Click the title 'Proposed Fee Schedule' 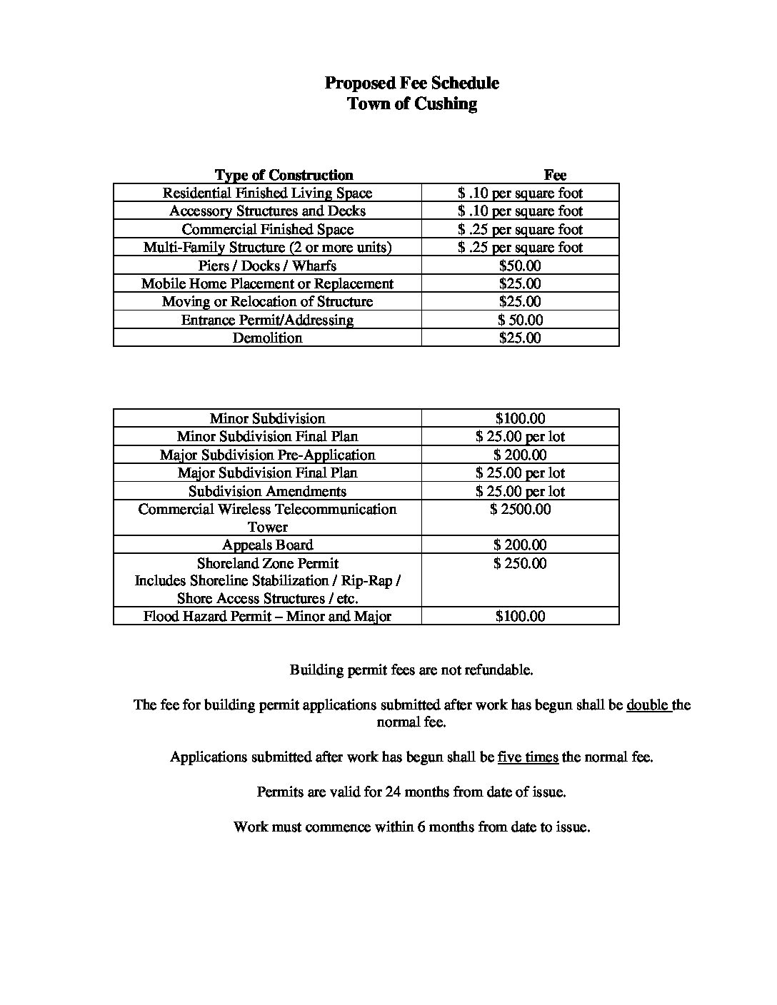(x=411, y=83)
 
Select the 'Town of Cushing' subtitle (x=411, y=103)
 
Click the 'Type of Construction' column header (x=284, y=175)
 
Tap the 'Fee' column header (x=555, y=175)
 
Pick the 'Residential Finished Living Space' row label (x=267, y=193)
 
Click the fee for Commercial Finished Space (x=520, y=229)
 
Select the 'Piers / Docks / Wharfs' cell (x=267, y=266)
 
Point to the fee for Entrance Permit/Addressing (x=520, y=320)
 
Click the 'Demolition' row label (x=267, y=338)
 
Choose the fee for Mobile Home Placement (x=520, y=283)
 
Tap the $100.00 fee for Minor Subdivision (x=520, y=418)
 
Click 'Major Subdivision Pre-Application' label (x=267, y=455)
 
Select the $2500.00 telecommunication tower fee (x=520, y=509)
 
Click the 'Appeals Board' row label (x=267, y=545)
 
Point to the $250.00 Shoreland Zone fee (x=520, y=563)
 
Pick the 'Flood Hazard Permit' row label (x=267, y=616)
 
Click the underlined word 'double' (x=648, y=705)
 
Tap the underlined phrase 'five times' (x=528, y=757)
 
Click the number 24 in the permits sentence (x=393, y=792)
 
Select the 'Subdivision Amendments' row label (x=267, y=491)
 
